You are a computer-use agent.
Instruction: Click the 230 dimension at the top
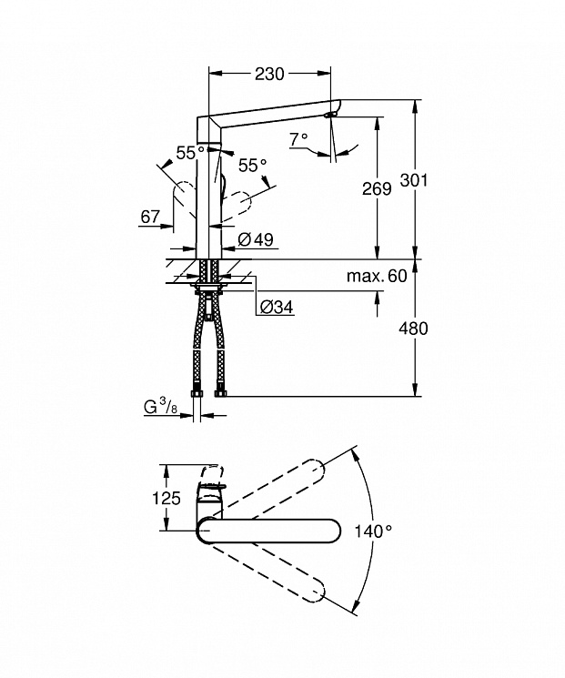point(269,74)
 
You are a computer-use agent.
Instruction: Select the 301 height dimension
point(414,180)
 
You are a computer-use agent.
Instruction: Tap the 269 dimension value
point(377,188)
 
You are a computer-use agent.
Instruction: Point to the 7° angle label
point(298,139)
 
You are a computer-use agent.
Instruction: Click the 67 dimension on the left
point(150,217)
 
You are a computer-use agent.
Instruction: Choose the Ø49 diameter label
point(256,239)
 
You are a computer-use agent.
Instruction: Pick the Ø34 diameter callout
point(277,307)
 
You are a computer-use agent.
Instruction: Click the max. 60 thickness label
point(377,276)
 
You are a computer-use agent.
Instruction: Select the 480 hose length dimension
point(413,329)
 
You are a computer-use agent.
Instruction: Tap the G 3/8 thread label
point(160,407)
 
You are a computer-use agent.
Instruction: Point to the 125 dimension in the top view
point(166,498)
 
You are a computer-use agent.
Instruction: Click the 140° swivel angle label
point(373,531)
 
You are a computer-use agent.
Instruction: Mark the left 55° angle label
point(190,153)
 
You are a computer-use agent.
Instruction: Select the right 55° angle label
point(253,165)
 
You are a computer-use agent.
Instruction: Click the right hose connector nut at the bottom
point(220,393)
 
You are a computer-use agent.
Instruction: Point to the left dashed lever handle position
point(184,199)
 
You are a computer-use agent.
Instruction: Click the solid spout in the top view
point(268,531)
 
